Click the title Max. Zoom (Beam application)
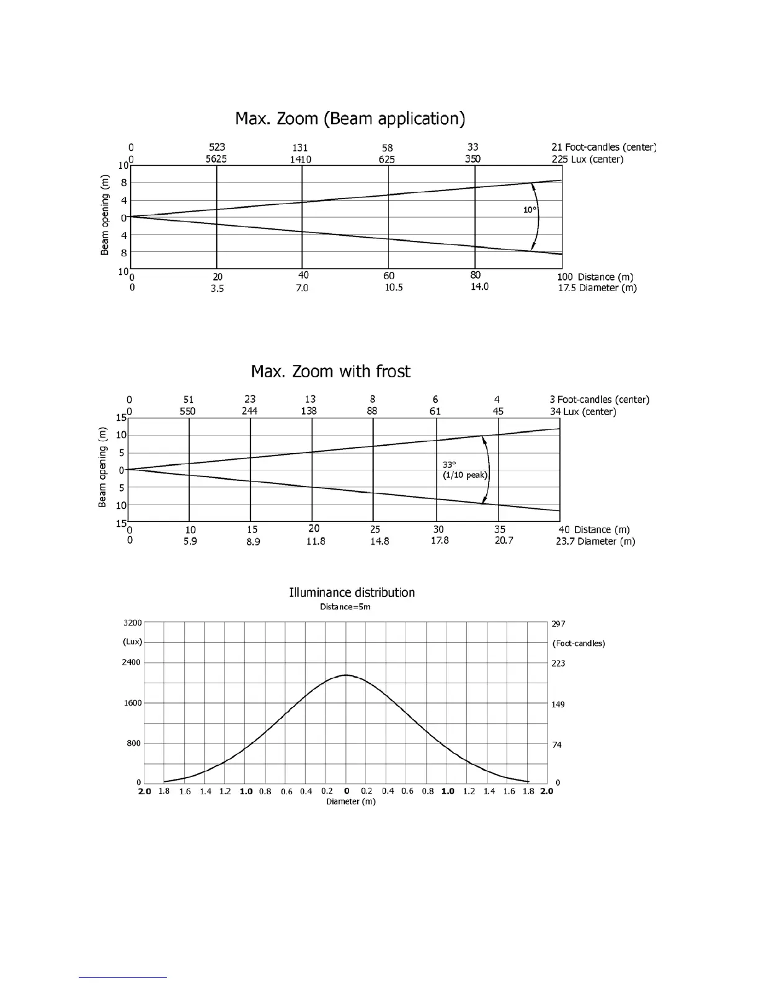coord(350,119)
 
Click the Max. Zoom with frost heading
coord(331,372)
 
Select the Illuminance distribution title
coord(352,593)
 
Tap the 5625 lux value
coord(216,159)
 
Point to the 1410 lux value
coord(301,159)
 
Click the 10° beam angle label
coord(530,210)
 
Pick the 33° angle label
coord(449,464)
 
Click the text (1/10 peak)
coord(465,475)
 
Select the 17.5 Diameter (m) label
coord(597,288)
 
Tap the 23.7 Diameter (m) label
coord(595,541)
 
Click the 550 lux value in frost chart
coord(187,411)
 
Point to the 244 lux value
coord(250,411)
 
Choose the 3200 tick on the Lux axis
coord(133,622)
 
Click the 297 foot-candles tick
coord(558,624)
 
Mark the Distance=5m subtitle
coord(345,606)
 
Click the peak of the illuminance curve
coord(346,675)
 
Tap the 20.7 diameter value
coord(504,541)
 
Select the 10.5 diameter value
coord(394,288)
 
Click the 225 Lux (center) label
coord(587,159)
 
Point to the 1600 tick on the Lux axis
coord(133,703)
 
